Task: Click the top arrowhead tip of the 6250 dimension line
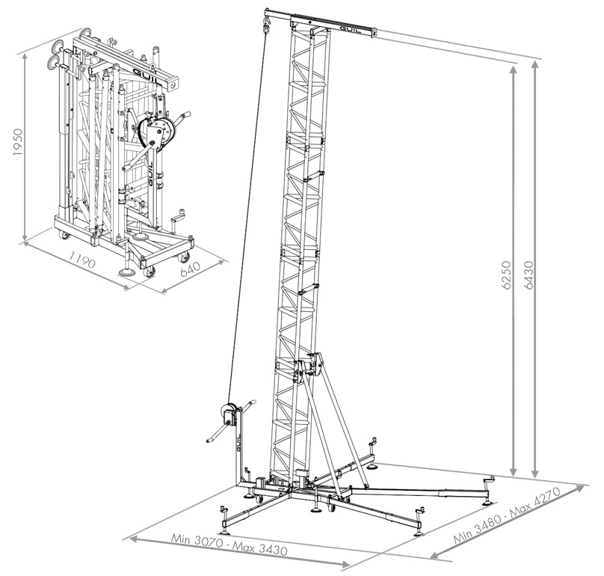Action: (x=513, y=66)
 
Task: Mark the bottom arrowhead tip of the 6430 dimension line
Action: (x=534, y=477)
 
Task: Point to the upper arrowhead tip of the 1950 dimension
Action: (x=25, y=53)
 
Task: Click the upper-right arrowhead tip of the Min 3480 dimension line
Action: (x=585, y=485)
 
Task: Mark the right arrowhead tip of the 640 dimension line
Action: (x=224, y=260)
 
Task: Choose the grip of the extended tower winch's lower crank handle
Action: (x=211, y=439)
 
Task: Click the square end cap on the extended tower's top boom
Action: (x=374, y=33)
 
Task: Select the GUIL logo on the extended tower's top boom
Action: (x=350, y=29)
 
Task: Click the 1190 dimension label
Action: (x=81, y=260)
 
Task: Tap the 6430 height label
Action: (x=530, y=275)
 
